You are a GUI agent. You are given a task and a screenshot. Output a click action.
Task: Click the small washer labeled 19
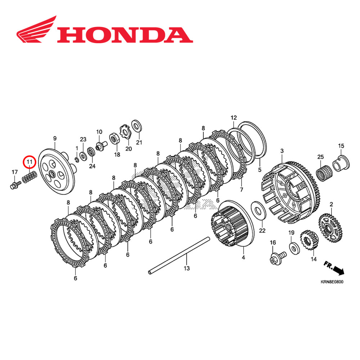[292, 247]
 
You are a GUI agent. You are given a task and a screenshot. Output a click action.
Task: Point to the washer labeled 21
[136, 126]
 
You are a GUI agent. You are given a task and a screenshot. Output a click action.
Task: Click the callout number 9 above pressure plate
[55, 139]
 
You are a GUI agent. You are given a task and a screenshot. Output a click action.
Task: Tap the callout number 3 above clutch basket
[282, 150]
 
